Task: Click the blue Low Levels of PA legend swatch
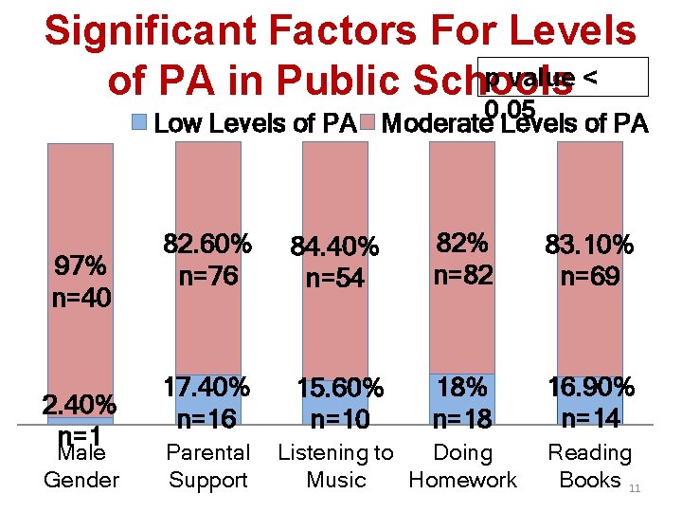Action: click(138, 122)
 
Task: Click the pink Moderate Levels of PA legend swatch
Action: click(368, 122)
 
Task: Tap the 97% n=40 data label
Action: click(81, 281)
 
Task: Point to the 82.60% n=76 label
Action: click(207, 260)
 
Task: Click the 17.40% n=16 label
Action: click(207, 402)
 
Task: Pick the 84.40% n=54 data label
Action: click(334, 263)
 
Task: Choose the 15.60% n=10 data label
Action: click(339, 403)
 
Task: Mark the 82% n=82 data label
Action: click(462, 259)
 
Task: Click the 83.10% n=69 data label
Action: click(589, 261)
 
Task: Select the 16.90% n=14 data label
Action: click(589, 402)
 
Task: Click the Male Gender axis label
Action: click(81, 466)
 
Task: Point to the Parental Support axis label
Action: click(207, 466)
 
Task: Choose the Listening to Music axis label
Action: click(335, 466)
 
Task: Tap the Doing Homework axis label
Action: click(462, 466)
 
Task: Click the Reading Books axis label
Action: click(589, 466)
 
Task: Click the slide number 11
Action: click(635, 487)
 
